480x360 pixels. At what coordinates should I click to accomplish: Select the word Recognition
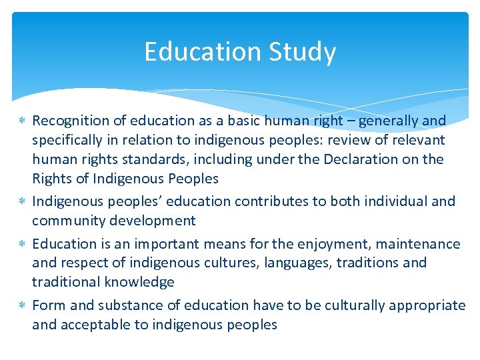(x=71, y=121)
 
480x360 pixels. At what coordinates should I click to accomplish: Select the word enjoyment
(x=331, y=244)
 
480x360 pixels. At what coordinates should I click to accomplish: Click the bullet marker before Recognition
(x=22, y=121)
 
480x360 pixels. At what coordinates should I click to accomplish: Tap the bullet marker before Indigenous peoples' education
(x=22, y=201)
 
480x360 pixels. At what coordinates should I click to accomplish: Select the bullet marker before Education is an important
(x=22, y=245)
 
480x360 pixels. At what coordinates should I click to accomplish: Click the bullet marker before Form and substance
(x=22, y=306)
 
